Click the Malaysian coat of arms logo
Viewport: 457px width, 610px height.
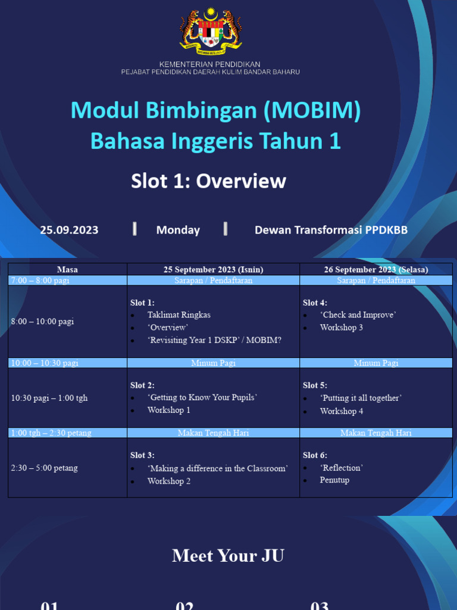(210, 30)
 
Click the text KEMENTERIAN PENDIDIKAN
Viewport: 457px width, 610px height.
(209, 64)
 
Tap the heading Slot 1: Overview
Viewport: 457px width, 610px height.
(208, 181)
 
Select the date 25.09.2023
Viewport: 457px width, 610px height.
(69, 230)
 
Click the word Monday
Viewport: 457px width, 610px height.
(178, 230)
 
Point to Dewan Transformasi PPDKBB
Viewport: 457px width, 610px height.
(331, 230)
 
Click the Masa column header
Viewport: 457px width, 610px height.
(67, 270)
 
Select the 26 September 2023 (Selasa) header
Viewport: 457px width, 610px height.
(375, 270)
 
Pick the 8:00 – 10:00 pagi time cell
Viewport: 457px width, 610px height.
(42, 322)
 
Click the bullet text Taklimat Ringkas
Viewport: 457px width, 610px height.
(179, 315)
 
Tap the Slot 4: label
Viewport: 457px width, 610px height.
(315, 303)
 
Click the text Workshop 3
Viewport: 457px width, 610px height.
(341, 328)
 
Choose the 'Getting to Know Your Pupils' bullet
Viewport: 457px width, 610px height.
(202, 397)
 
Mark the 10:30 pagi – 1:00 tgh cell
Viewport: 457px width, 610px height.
(49, 398)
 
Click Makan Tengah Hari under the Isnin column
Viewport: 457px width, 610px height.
(213, 433)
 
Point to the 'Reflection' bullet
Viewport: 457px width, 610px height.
(341, 468)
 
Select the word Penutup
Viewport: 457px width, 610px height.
(334, 480)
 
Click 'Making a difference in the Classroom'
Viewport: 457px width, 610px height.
(217, 468)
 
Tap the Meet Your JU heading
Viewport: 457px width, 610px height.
(228, 556)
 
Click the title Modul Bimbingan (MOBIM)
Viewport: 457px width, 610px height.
(215, 111)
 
